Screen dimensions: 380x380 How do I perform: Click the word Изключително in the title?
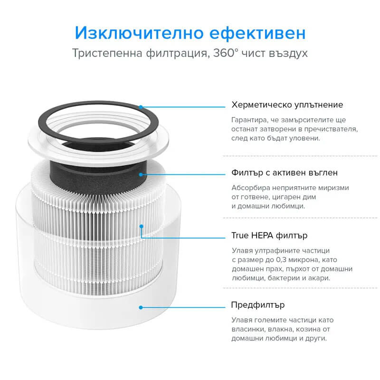click(139, 33)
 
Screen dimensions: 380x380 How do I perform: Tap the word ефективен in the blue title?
click(257, 33)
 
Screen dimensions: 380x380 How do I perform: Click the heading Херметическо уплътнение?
click(287, 104)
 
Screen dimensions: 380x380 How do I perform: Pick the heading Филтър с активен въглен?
click(285, 172)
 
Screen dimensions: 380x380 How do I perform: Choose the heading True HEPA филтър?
click(269, 235)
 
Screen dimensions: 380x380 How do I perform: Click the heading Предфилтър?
click(258, 305)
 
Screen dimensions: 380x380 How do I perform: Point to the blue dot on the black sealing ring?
click(141, 107)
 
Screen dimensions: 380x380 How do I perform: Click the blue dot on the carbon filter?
click(141, 174)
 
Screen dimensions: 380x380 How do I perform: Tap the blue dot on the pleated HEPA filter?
click(141, 226)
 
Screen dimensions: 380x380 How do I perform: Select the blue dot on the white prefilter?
click(141, 307)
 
